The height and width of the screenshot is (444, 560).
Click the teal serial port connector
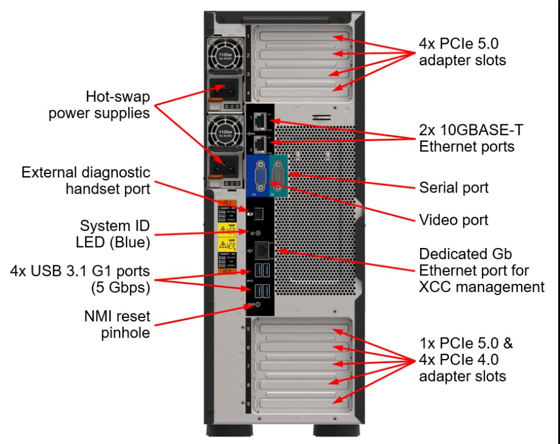point(277,175)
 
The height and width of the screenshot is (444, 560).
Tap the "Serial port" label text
point(453,188)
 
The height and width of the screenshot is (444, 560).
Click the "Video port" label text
point(453,220)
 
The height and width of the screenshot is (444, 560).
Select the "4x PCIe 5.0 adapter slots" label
point(462,51)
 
